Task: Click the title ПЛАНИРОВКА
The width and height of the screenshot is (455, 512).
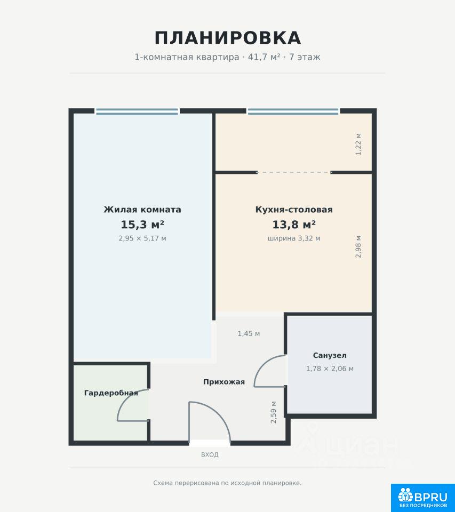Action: tap(228, 38)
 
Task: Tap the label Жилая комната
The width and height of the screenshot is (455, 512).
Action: tap(142, 209)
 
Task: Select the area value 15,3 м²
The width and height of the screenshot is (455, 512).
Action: tap(142, 225)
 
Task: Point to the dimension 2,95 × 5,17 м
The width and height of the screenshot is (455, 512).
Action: tap(142, 238)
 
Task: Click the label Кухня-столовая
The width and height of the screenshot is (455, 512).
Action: tap(294, 209)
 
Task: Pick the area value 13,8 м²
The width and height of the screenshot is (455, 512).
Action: tap(294, 225)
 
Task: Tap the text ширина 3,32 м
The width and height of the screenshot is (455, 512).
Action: tap(294, 238)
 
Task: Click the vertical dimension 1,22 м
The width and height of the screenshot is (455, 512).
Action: tap(358, 144)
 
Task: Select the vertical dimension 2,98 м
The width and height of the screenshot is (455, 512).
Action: tap(358, 246)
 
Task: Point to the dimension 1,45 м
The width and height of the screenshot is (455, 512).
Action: tap(249, 334)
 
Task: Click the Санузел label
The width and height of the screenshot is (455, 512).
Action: tap(330, 355)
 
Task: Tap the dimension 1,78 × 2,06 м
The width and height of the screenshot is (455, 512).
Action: tap(330, 369)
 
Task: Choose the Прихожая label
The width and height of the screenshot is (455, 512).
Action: tap(224, 382)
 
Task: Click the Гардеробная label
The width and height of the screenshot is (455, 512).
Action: tap(111, 393)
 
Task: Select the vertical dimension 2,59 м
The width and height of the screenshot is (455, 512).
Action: tap(274, 412)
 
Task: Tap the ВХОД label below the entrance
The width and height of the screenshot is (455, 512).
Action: tap(210, 454)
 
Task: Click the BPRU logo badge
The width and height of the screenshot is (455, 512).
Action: tap(422, 498)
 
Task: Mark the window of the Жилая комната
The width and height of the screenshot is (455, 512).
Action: tap(137, 111)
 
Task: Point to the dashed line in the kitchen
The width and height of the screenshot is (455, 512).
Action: tap(294, 172)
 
